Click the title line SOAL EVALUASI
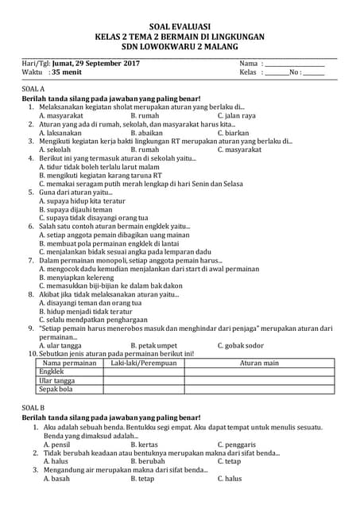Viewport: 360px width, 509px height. point(180,26)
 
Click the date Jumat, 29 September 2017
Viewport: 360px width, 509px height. point(95,63)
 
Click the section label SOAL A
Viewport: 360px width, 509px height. point(33,89)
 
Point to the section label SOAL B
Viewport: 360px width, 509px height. point(33,406)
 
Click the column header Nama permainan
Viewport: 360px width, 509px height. point(67,363)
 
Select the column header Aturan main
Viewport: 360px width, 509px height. point(260,363)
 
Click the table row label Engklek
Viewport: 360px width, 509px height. point(52,371)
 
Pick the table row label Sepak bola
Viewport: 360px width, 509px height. point(56,390)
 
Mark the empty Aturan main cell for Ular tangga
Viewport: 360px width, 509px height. point(260,381)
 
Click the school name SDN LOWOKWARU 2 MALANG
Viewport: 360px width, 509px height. point(180,46)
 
